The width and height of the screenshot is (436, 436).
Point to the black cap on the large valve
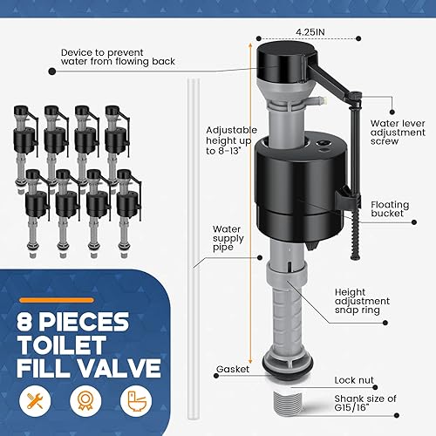(x=285, y=59)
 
